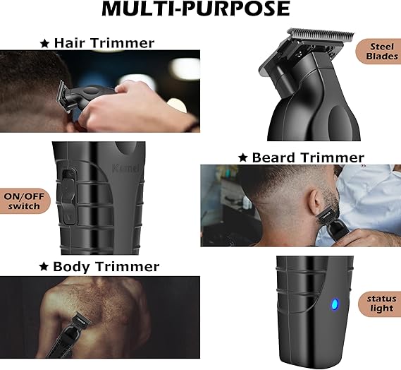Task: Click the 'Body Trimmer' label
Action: click(106, 267)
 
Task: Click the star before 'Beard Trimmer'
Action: click(243, 157)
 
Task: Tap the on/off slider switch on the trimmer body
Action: click(67, 189)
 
